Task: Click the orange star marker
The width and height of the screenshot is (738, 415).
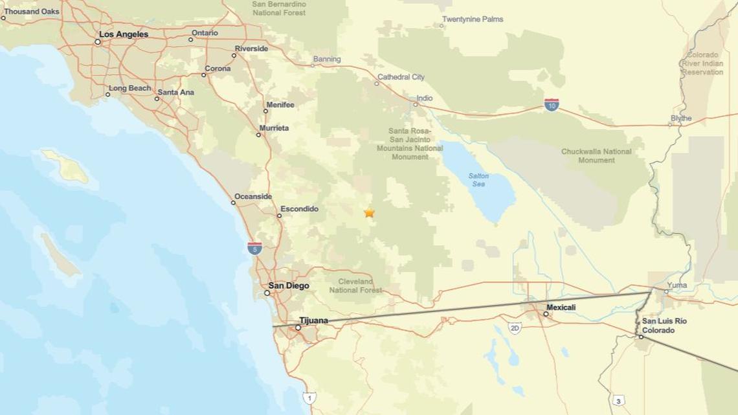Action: click(369, 212)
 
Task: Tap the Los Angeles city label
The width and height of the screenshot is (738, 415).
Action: click(123, 34)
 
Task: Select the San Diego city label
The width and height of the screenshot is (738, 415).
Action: click(289, 286)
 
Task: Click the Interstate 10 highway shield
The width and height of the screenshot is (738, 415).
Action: click(552, 104)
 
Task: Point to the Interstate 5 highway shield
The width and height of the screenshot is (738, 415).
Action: click(255, 247)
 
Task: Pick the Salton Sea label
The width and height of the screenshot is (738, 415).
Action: click(478, 180)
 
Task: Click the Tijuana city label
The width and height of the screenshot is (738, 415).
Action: click(313, 320)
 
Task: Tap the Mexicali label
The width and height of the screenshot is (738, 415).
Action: click(561, 308)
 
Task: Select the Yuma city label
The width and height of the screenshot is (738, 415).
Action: click(677, 285)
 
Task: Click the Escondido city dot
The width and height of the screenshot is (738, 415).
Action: click(280, 216)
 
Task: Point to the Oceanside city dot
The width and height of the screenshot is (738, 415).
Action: click(234, 203)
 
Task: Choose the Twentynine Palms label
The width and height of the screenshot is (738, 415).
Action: click(473, 19)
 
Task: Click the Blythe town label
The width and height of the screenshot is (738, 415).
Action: click(681, 118)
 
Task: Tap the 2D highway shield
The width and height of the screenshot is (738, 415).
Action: click(515, 328)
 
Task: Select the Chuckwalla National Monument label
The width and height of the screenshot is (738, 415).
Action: click(596, 156)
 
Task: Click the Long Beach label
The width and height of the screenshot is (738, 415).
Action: click(129, 88)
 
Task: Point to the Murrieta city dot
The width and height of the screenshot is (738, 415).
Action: click(258, 135)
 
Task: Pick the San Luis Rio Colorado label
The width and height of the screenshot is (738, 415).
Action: click(664, 326)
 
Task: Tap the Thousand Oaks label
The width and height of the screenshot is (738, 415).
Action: click(32, 12)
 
